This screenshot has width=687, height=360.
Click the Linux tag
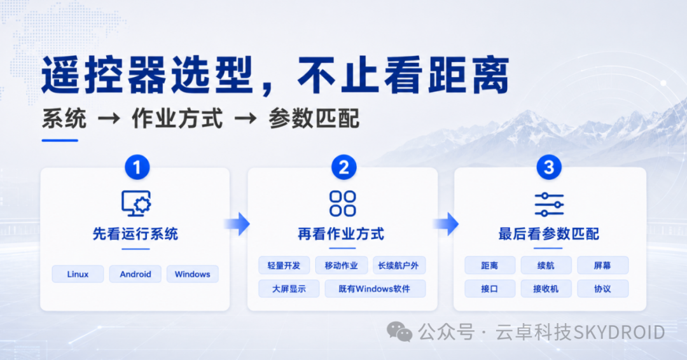coord(78,274)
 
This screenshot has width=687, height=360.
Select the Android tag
coord(135,274)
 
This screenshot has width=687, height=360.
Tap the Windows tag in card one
coord(192,274)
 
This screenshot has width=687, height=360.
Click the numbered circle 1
coord(137,167)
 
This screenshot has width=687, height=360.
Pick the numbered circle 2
coord(343,167)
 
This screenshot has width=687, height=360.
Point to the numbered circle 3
coord(549,167)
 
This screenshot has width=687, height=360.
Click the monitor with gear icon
coord(136,203)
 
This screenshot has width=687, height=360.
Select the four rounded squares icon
coord(343,204)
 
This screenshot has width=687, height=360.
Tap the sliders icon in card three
coord(549,204)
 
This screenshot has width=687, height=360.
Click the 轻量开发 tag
coord(284,265)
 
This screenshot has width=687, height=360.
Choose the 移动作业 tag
coord(342,265)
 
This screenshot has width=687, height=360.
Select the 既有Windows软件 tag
coord(375,289)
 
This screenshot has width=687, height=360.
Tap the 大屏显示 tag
coord(289,289)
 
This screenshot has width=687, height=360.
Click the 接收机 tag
coord(546,289)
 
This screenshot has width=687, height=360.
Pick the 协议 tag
coord(602,289)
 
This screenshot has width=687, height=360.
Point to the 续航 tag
coord(546,265)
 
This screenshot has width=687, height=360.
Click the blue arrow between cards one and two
coord(238,224)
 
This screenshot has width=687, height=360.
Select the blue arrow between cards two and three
coord(446,224)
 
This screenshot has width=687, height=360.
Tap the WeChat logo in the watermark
coord(399,331)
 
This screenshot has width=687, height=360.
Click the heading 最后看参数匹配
coord(548,234)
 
